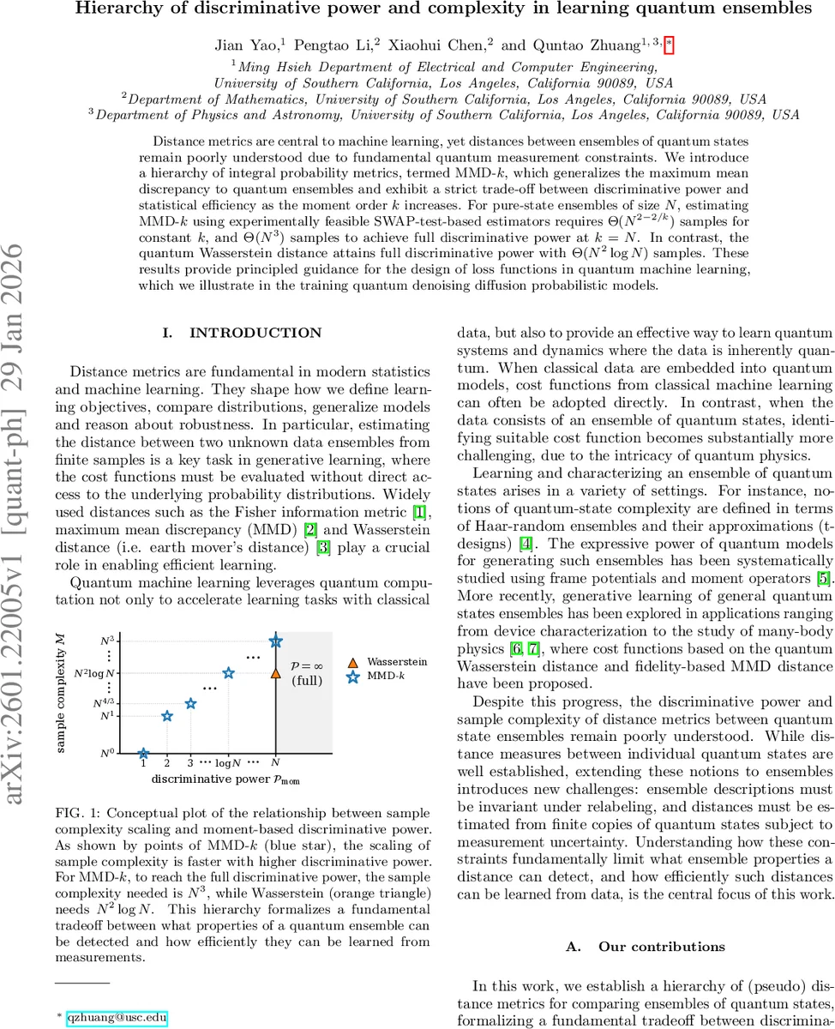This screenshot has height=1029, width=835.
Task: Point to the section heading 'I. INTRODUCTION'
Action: [243, 333]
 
